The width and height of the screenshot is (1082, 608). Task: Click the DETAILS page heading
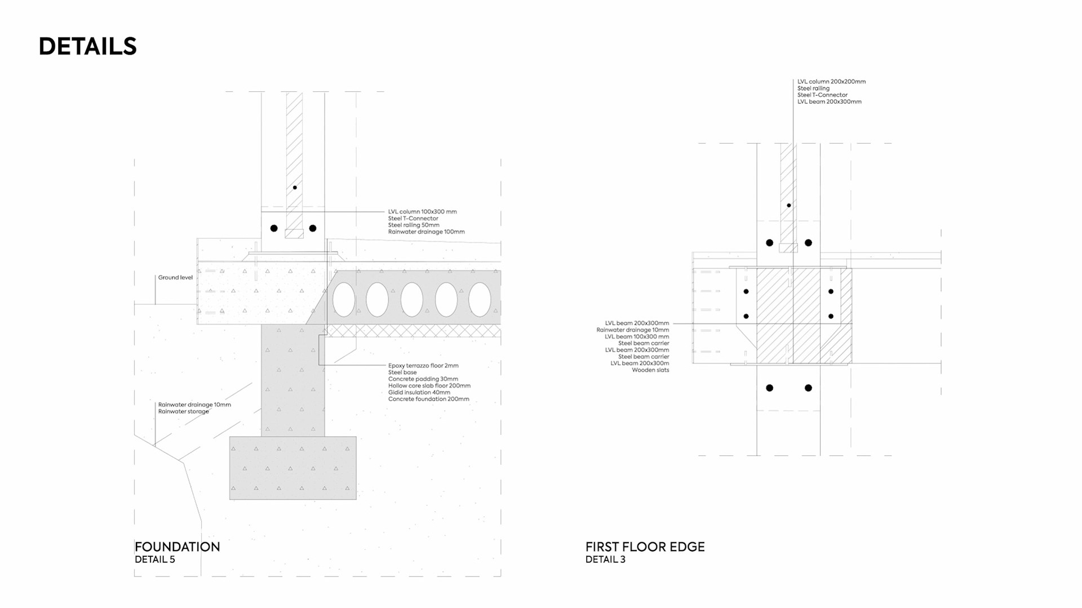[87, 46]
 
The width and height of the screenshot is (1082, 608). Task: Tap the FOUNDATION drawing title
[177, 547]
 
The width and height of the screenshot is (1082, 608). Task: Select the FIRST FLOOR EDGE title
[645, 547]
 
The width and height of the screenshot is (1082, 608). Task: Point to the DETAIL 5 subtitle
[154, 560]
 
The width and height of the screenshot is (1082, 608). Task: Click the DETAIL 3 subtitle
[605, 560]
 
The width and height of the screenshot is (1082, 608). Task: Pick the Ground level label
[175, 277]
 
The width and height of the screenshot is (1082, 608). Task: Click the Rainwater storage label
[183, 411]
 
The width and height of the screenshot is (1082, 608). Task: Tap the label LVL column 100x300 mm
[422, 212]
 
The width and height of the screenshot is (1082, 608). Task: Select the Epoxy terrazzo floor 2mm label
[423, 366]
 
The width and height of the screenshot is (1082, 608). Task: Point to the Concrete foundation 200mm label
[428, 399]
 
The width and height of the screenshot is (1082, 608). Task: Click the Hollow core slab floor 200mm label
[429, 386]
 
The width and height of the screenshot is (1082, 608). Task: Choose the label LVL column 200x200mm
[831, 82]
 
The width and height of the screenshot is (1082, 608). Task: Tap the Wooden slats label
[650, 370]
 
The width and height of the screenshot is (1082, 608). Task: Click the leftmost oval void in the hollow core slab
[343, 299]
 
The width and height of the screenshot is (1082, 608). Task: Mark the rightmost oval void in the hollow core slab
[480, 299]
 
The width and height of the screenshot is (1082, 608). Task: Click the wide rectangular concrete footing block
[292, 468]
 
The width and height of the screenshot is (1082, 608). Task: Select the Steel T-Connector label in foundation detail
[413, 219]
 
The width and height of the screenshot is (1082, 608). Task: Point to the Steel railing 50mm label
[414, 225]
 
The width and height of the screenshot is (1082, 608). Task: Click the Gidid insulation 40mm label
[419, 392]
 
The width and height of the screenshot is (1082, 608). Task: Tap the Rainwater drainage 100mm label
[426, 232]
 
